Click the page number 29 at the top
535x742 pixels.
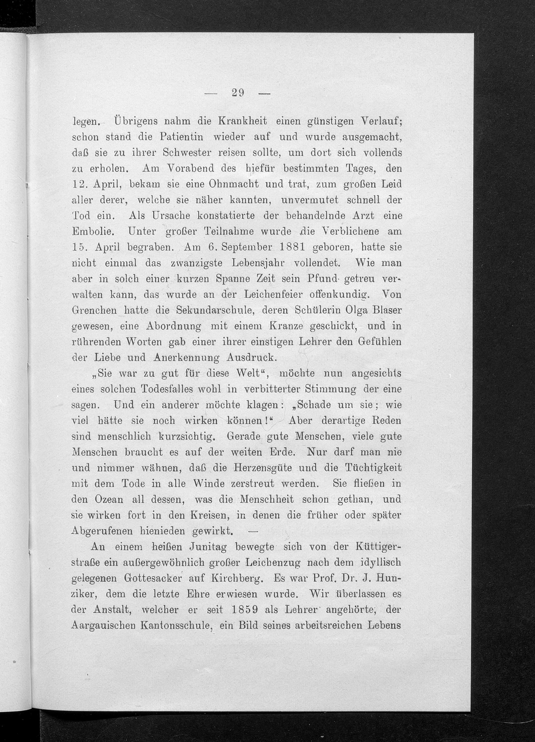tap(238, 93)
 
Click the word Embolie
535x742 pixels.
tap(93, 232)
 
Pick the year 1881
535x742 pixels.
tap(291, 247)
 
